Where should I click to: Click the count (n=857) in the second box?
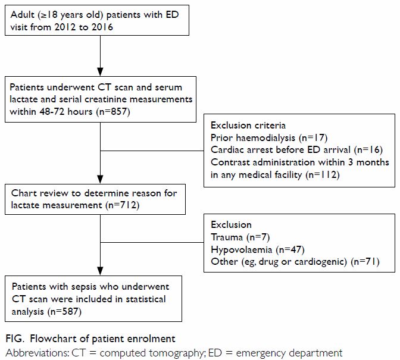pyautogui.click(x=113, y=112)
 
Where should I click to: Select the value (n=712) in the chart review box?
pyautogui.click(x=123, y=205)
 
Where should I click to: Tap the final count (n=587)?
pyautogui.click(x=64, y=312)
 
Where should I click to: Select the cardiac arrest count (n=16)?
pyautogui.click(x=368, y=150)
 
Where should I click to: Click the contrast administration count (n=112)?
pyautogui.click(x=323, y=175)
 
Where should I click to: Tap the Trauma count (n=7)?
pyautogui.click(x=258, y=237)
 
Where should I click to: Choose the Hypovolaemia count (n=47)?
pyautogui.click(x=290, y=249)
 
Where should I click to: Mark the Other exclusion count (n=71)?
pyautogui.click(x=365, y=262)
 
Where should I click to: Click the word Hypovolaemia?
pyautogui.click(x=242, y=250)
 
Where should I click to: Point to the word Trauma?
pyautogui.click(x=227, y=237)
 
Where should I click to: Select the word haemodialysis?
pyautogui.click(x=265, y=138)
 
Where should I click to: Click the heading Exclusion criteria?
pyautogui.click(x=248, y=126)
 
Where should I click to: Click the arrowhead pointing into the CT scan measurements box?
pyautogui.click(x=100, y=71)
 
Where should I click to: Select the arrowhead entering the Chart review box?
pyautogui.click(x=100, y=179)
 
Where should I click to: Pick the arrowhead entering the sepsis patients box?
pyautogui.click(x=100, y=271)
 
